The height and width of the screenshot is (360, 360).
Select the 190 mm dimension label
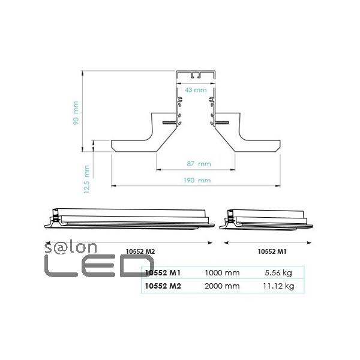coord(196,179)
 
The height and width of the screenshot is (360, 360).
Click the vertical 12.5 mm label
coord(87,179)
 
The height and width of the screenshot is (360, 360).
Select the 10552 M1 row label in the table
coord(163,273)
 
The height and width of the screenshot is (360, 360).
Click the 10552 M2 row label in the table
coord(163,286)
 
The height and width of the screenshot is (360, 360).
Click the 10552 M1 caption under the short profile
coord(267,251)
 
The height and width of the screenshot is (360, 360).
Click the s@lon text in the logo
coord(66,248)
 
